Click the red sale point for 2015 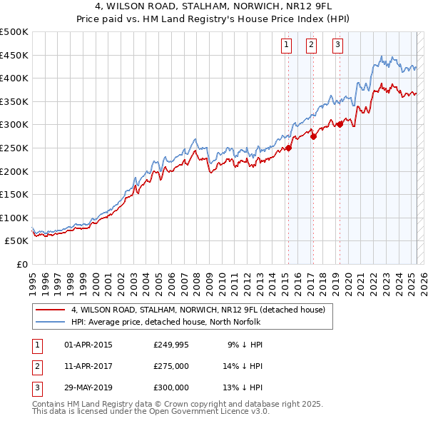(288, 148)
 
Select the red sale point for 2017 (314, 136)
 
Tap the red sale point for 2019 (340, 124)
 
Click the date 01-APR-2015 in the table (88, 345)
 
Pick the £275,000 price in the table (171, 366)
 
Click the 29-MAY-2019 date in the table (89, 387)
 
